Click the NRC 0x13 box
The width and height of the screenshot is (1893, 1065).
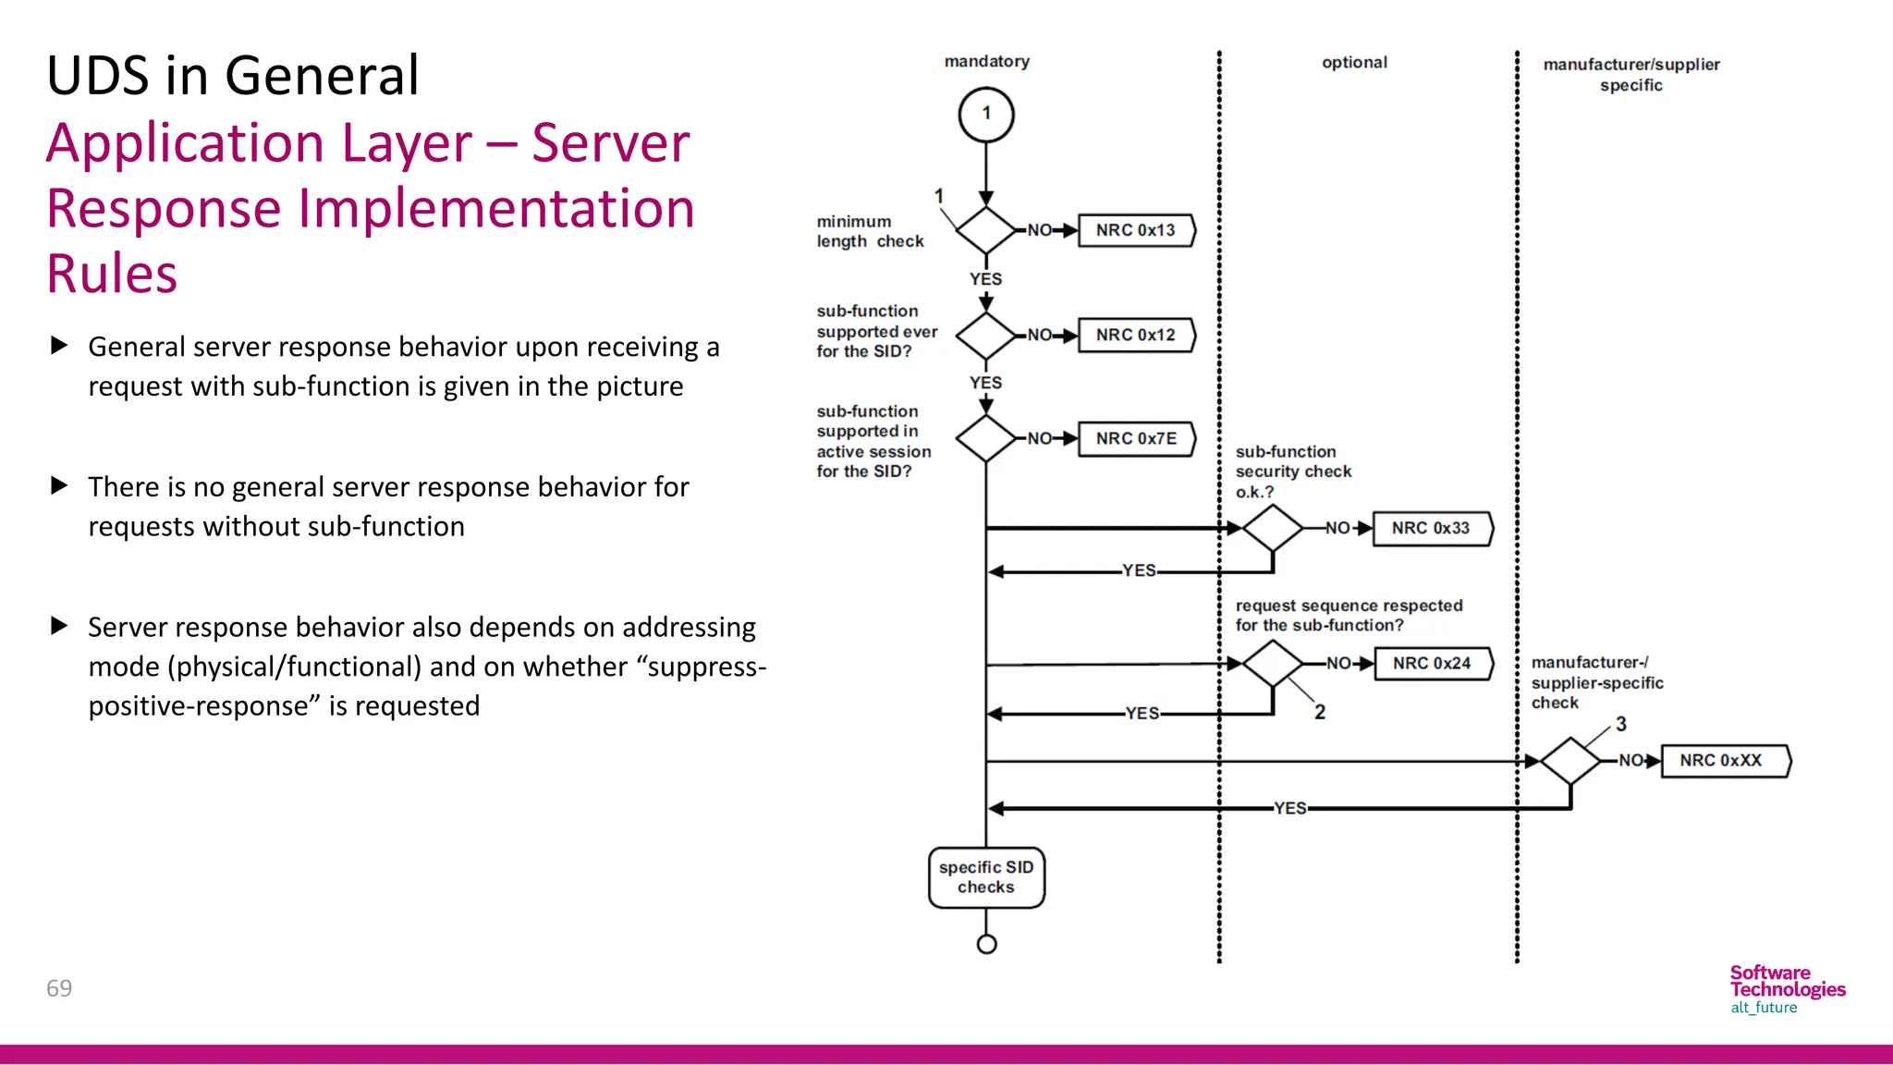[1136, 230]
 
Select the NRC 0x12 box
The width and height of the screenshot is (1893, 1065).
[1136, 335]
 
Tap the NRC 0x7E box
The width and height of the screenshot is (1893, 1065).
[1136, 438]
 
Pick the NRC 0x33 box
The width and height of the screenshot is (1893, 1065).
[1431, 528]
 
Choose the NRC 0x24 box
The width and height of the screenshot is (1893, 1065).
[1432, 663]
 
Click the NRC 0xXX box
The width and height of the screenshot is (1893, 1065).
[1722, 760]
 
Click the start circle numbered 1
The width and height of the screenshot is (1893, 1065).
[986, 115]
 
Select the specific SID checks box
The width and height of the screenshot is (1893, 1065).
[986, 877]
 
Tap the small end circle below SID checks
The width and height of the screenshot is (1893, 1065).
[986, 944]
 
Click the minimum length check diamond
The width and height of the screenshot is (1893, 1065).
[986, 230]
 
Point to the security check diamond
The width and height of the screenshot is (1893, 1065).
[1273, 528]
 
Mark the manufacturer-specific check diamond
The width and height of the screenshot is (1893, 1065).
[1570, 761]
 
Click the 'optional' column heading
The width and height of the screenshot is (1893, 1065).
[1354, 62]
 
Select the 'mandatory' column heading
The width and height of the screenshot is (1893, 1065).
[986, 61]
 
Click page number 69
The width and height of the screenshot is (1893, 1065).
[59, 988]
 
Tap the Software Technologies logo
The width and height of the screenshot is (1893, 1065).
[1787, 988]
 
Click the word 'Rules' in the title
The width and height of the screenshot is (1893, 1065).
[112, 274]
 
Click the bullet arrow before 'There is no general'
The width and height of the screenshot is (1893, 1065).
[59, 485]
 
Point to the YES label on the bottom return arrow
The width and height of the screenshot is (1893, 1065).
[1290, 808]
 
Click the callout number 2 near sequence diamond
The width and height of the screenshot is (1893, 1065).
[1320, 712]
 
